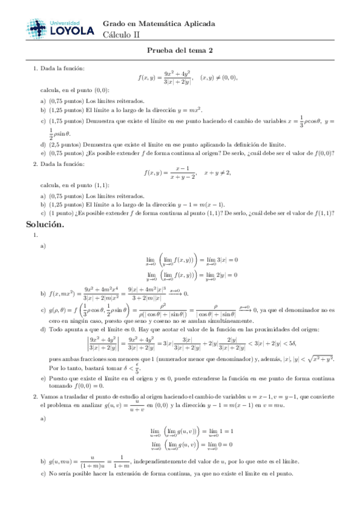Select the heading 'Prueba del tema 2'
click(x=180, y=51)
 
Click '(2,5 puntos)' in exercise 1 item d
click(x=65, y=144)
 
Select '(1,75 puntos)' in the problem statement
click(x=67, y=121)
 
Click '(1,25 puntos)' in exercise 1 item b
click(x=67, y=111)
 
